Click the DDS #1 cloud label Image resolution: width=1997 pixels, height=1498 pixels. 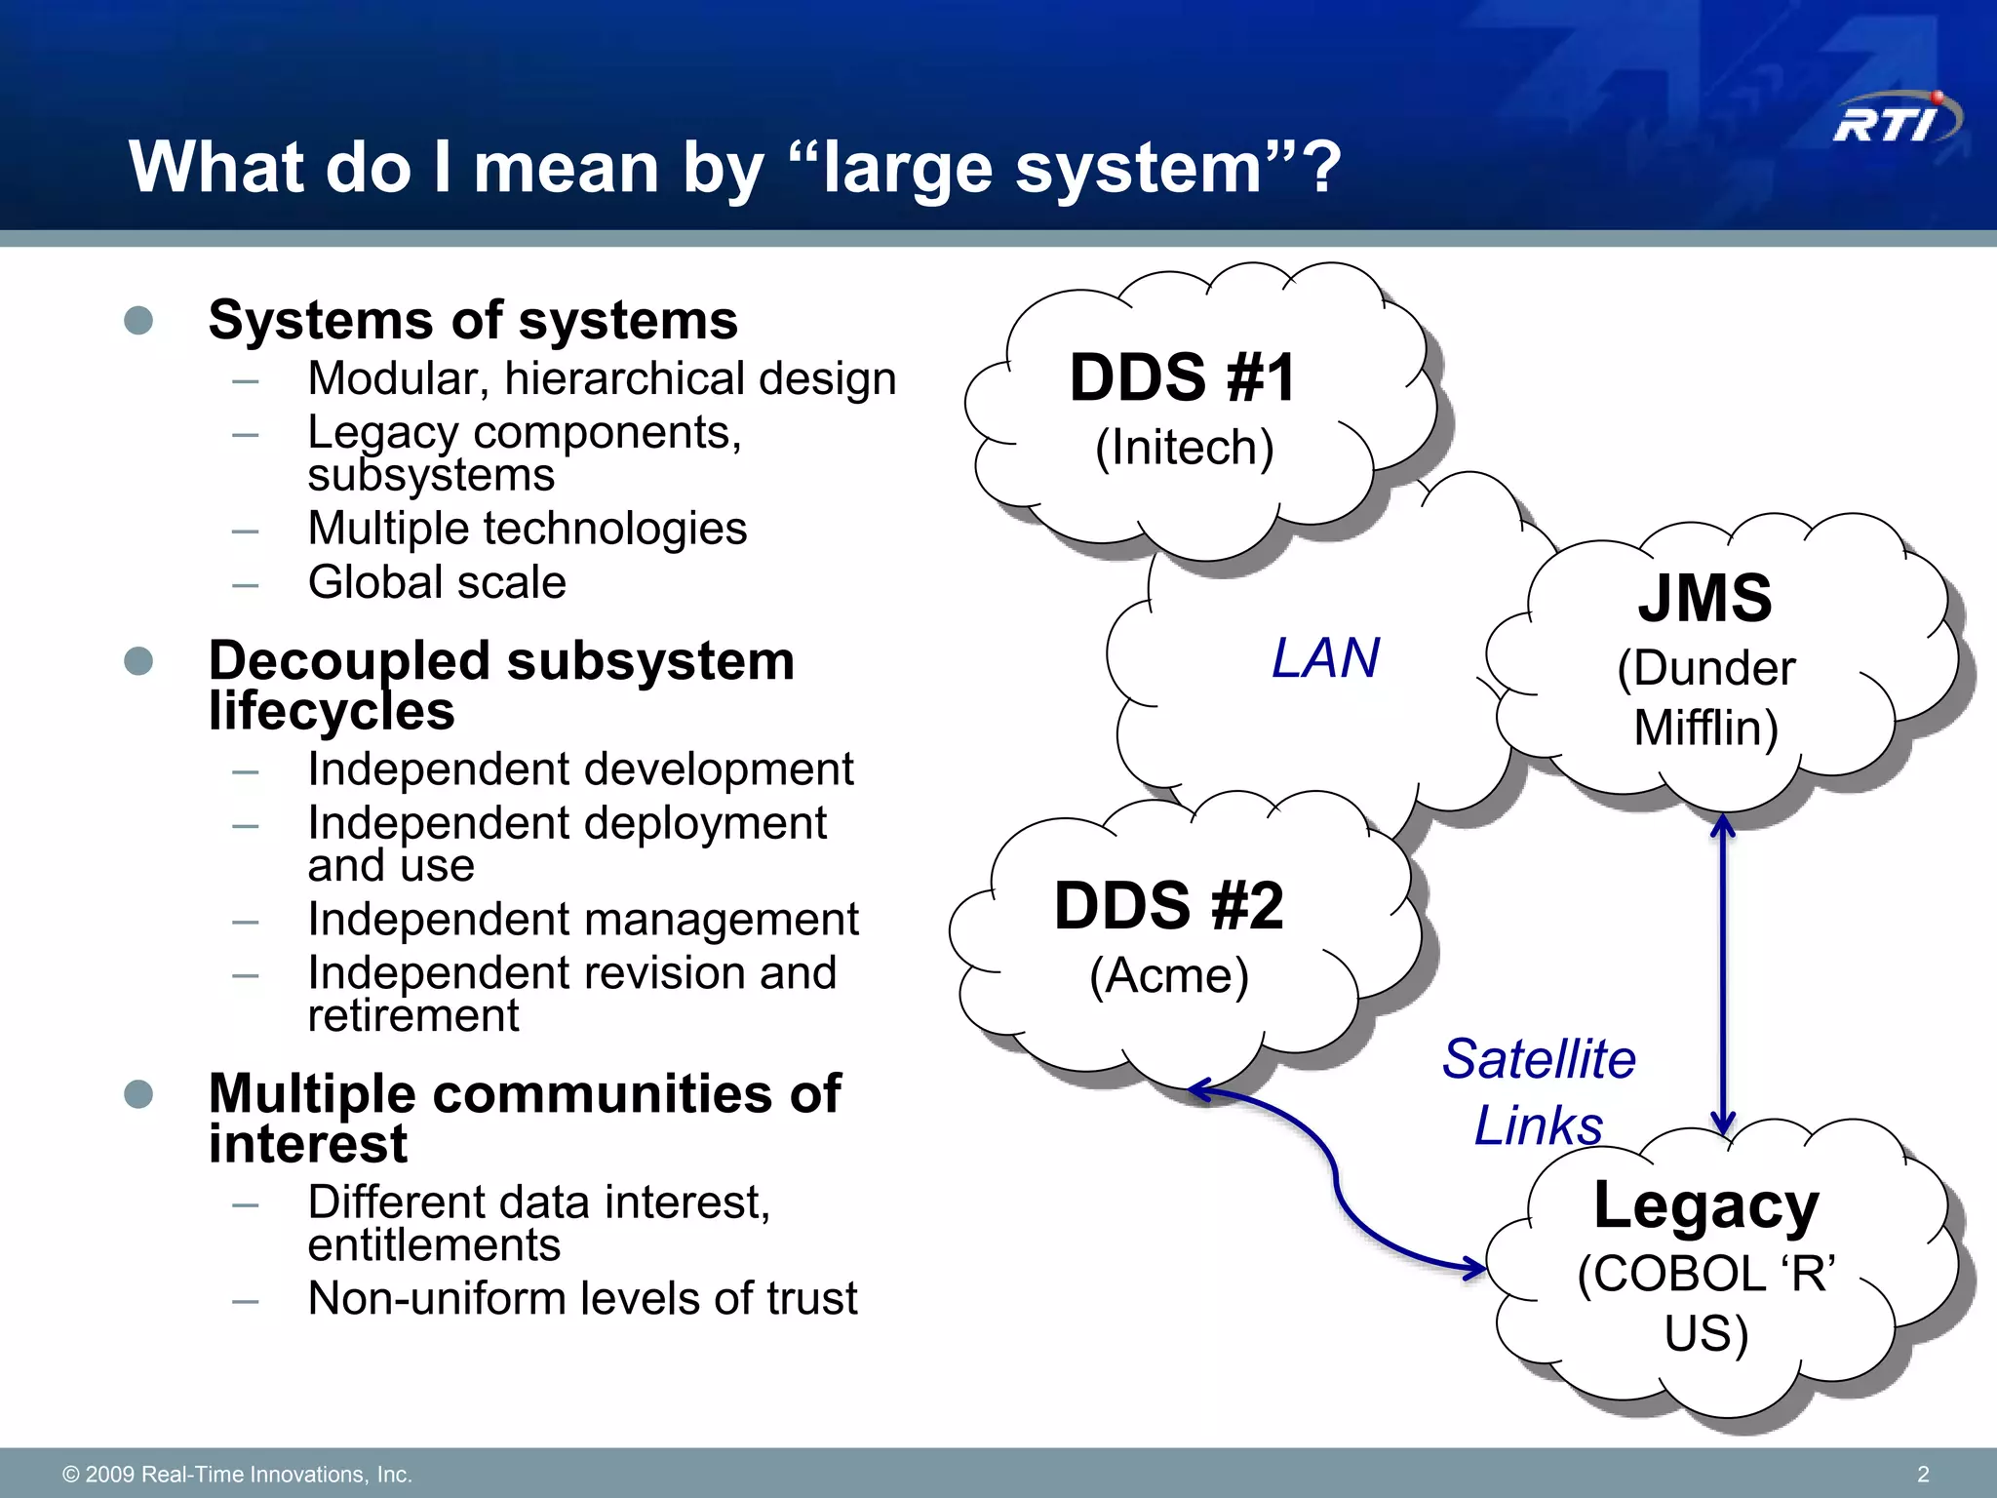pos(1183,377)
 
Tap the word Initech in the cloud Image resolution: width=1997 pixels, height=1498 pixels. pos(1184,448)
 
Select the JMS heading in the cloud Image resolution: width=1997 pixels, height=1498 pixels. pos(1704,598)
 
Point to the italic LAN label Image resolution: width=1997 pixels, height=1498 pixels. pos(1325,657)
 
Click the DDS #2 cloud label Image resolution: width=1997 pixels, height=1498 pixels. pos(1168,905)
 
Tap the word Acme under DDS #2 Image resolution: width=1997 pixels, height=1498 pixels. pos(1168,975)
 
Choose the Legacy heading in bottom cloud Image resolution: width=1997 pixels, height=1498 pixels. pos(1705,1205)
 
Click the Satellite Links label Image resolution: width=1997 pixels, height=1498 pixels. pos(1538,1091)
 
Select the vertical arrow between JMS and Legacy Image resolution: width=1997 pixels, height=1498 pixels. pos(1723,975)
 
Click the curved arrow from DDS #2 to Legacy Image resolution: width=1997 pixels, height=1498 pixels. pos(1337,1180)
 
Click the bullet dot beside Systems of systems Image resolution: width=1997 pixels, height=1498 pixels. pos(138,320)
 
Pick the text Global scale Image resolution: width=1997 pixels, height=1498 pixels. pos(436,582)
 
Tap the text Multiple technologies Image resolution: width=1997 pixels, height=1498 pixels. pos(527,529)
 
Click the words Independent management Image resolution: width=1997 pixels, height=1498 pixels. pos(582,919)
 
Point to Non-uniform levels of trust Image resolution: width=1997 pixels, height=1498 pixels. pos(582,1298)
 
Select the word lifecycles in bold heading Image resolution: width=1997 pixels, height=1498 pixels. pos(332,711)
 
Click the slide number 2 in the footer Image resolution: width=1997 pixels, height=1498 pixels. pos(1923,1474)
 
